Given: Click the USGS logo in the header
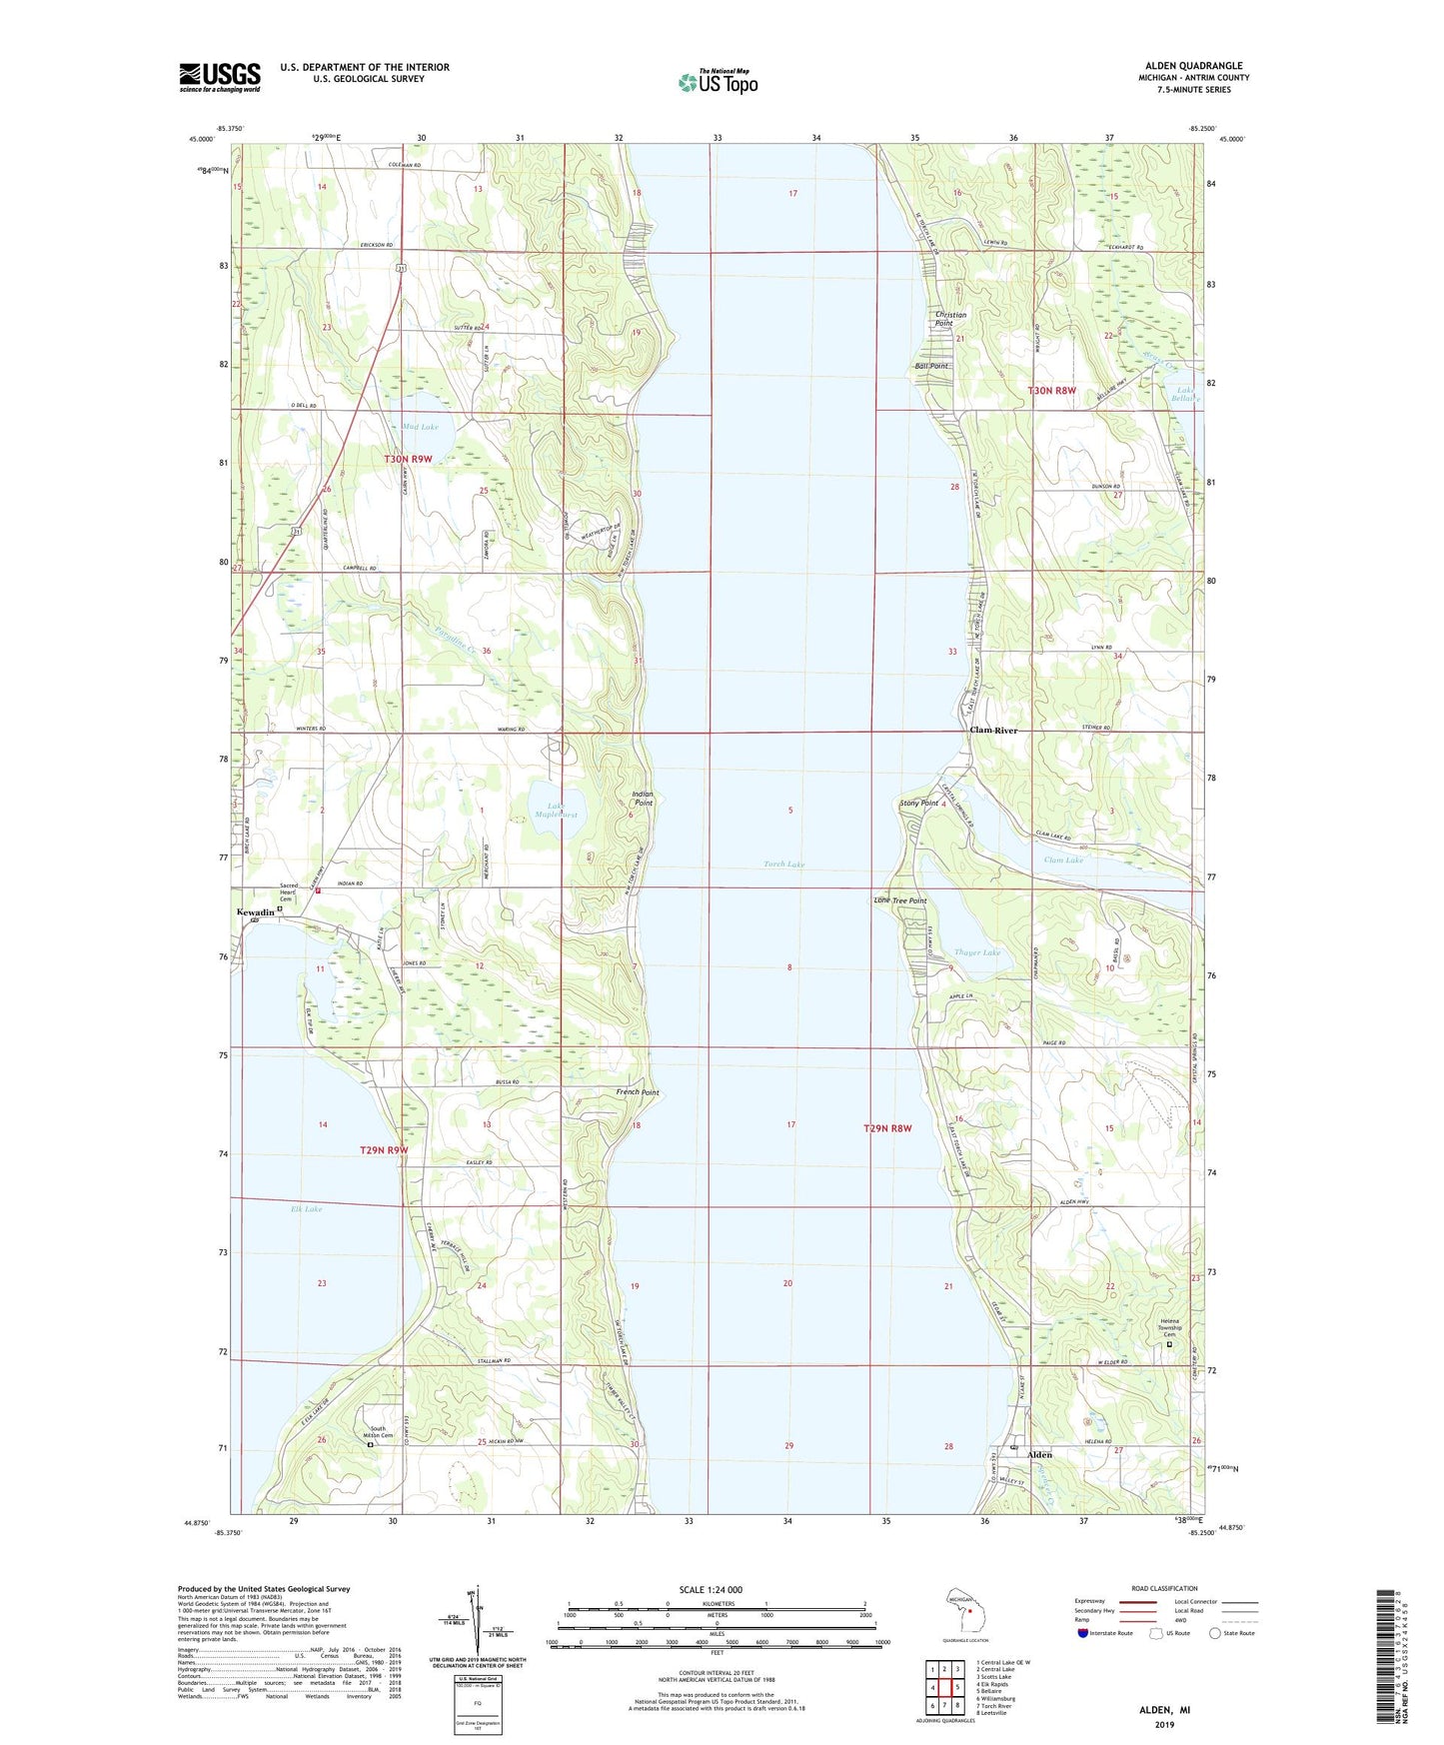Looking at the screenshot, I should (x=219, y=77).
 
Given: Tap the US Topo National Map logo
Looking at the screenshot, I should (x=718, y=81).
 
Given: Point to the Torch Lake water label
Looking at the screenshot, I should (x=783, y=864).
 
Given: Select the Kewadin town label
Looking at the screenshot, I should (x=255, y=912).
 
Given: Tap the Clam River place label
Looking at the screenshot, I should (x=993, y=731).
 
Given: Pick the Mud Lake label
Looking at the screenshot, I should (x=420, y=427).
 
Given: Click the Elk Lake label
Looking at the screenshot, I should (x=306, y=1209).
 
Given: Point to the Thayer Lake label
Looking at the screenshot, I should (x=976, y=952).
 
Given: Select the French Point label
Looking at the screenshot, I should (x=637, y=1092).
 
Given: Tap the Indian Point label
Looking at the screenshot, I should (x=643, y=798).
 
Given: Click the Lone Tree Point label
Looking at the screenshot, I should (x=899, y=900).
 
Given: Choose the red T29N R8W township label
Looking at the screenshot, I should (x=887, y=1128).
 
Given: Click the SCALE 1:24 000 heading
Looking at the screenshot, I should (x=710, y=1589).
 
